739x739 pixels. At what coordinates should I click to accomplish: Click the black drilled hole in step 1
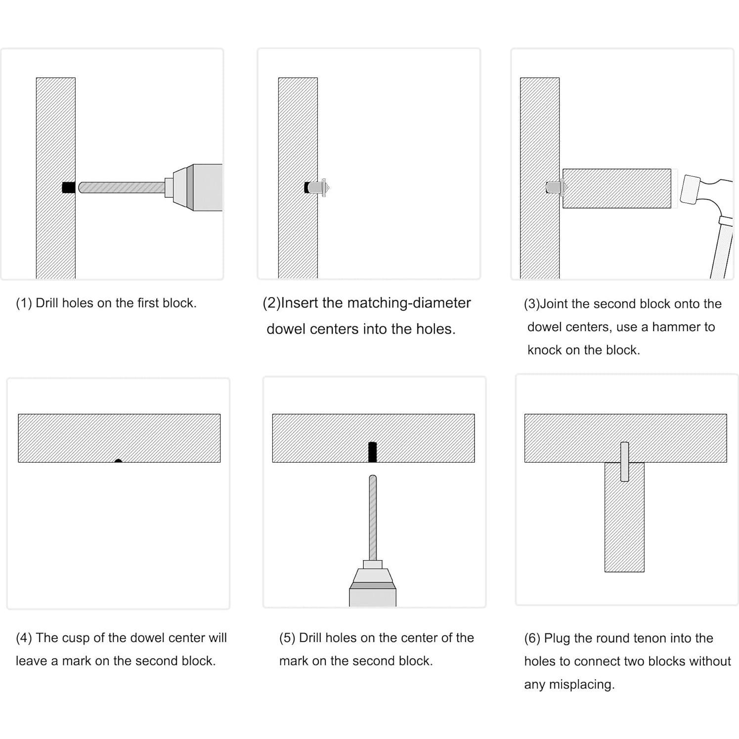tap(68, 188)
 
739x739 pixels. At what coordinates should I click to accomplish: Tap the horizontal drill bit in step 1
tap(121, 188)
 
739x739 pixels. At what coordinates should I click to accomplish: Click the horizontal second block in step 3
tap(617, 188)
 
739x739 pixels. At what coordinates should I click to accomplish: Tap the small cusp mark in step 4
tap(118, 461)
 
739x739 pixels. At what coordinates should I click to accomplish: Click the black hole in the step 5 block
tap(373, 452)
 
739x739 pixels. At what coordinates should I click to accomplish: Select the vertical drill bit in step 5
tap(373, 517)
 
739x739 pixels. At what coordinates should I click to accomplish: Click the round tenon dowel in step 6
tap(624, 462)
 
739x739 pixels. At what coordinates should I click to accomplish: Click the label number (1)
tap(24, 303)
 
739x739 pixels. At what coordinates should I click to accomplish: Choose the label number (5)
tap(287, 638)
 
